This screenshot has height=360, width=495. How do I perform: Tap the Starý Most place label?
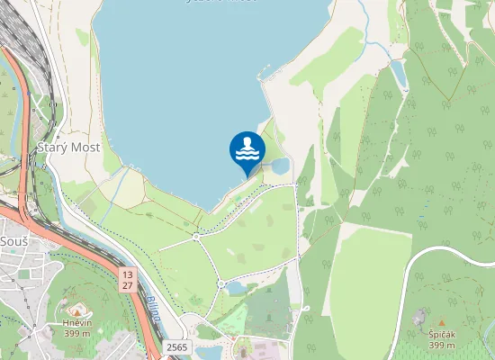(x=68, y=147)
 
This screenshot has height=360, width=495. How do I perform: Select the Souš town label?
(x=14, y=243)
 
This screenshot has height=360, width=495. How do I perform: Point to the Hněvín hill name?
(x=76, y=321)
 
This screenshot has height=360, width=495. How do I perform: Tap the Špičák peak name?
(x=441, y=334)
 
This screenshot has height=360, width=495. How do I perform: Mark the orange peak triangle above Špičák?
(x=441, y=322)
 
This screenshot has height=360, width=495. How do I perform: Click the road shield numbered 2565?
(x=177, y=346)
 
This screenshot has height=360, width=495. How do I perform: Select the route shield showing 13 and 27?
(x=128, y=279)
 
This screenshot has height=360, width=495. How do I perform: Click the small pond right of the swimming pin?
(x=280, y=166)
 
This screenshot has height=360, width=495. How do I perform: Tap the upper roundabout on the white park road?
(x=195, y=237)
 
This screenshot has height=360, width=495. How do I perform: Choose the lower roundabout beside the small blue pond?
(x=220, y=284)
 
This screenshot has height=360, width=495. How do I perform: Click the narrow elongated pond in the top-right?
(x=398, y=74)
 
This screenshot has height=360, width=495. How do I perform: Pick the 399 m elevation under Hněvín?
(x=76, y=333)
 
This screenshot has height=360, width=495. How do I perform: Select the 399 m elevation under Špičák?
(x=441, y=346)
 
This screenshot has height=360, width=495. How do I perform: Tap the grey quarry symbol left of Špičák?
(x=418, y=317)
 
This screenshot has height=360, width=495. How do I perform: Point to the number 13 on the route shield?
(x=128, y=274)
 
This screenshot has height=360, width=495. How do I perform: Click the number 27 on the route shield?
(x=128, y=285)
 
